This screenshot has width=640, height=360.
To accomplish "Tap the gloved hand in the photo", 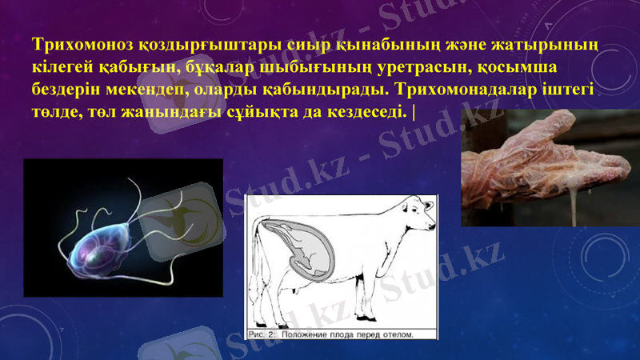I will (544, 160).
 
